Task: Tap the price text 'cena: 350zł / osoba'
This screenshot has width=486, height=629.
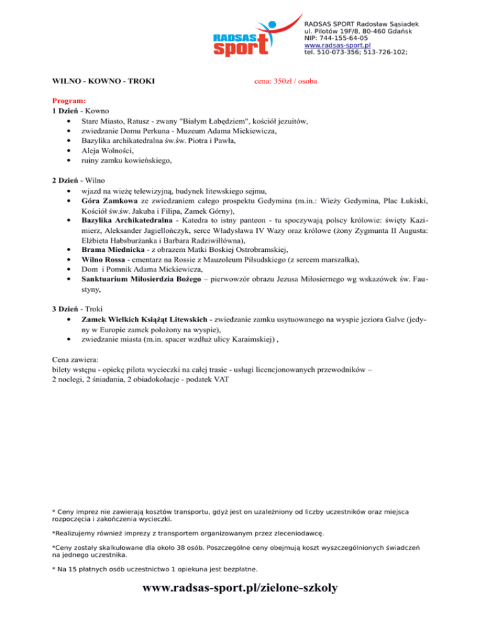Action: click(285, 82)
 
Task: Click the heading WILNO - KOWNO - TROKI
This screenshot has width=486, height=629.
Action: click(104, 82)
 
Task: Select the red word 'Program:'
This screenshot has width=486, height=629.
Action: click(69, 101)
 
